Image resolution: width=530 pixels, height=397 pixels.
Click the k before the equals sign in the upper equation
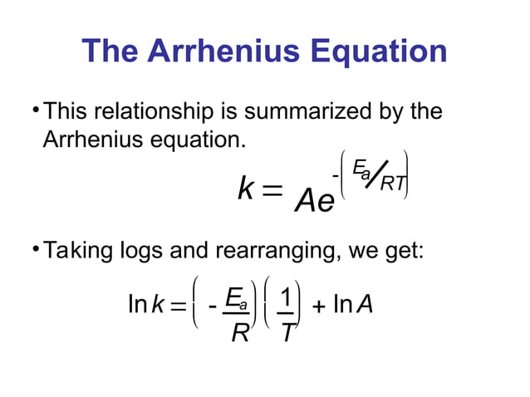click(245, 190)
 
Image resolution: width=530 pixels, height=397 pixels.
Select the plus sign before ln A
click(317, 308)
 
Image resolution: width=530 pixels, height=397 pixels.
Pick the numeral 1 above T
click(286, 297)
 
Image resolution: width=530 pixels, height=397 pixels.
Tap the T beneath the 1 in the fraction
click(286, 336)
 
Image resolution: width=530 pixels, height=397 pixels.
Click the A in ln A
click(366, 306)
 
